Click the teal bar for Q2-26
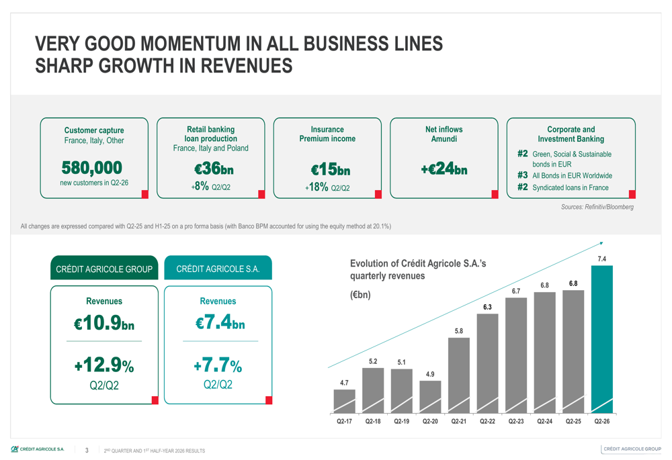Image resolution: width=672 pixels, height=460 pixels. (601, 339)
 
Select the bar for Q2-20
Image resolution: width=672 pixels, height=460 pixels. (430, 397)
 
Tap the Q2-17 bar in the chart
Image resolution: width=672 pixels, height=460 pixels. (344, 402)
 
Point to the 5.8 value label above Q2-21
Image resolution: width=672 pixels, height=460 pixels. (458, 331)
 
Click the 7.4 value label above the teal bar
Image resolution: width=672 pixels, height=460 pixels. (601, 259)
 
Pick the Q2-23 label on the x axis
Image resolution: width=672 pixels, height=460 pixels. (516, 422)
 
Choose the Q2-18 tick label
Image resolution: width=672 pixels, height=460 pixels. (373, 422)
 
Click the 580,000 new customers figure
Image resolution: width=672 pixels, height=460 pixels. (91, 168)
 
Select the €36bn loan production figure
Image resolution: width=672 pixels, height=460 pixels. (214, 169)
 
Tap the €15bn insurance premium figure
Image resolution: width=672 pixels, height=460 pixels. (331, 170)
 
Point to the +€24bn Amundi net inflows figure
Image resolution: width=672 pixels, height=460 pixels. (444, 169)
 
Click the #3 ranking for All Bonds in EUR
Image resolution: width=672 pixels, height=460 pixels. (522, 175)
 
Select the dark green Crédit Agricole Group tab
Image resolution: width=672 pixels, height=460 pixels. (104, 268)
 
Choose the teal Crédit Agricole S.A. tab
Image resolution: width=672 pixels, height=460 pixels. (218, 268)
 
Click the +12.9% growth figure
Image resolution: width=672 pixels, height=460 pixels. (104, 365)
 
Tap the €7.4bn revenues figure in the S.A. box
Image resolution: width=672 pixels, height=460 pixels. (220, 322)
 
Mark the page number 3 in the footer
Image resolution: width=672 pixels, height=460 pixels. (87, 450)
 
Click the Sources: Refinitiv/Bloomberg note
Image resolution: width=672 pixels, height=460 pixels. (597, 207)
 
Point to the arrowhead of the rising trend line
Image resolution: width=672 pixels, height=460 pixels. (601, 243)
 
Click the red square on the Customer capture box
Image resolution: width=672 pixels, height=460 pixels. (145, 195)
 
